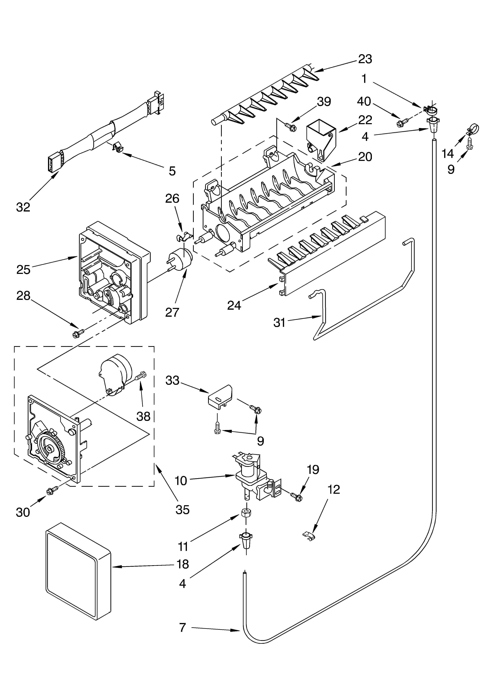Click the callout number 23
click(365, 59)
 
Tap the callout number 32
click(23, 207)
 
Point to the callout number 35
click(182, 509)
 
